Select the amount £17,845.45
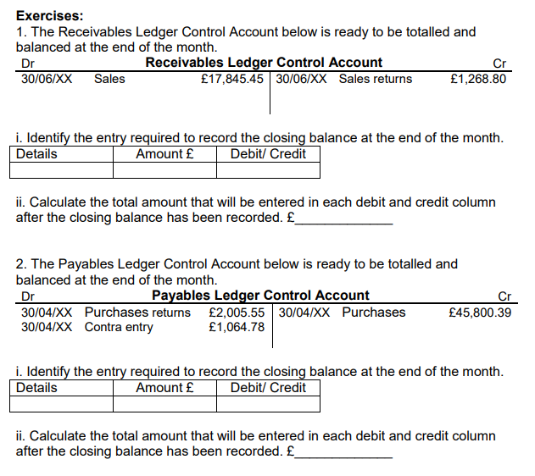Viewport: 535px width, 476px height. [x=232, y=79]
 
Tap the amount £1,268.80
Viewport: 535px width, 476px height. [x=478, y=79]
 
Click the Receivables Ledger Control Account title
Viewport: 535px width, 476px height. [x=264, y=63]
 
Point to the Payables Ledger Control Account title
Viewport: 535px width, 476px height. [x=260, y=296]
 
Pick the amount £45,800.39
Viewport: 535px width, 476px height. [x=479, y=312]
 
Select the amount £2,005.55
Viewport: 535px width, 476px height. [x=236, y=312]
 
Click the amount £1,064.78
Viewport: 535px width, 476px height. [x=236, y=327]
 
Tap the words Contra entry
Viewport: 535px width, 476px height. [x=119, y=327]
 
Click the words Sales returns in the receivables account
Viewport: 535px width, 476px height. [x=376, y=79]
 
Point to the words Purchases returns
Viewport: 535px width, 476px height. [x=137, y=312]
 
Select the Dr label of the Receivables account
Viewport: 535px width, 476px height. [x=27, y=64]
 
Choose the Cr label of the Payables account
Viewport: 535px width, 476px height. [x=504, y=296]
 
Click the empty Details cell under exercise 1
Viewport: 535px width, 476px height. [x=64, y=170]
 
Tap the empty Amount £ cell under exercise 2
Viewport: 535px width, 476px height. [x=164, y=404]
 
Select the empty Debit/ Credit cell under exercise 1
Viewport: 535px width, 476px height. [x=268, y=170]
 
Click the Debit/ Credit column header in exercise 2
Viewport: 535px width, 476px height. [x=268, y=388]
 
